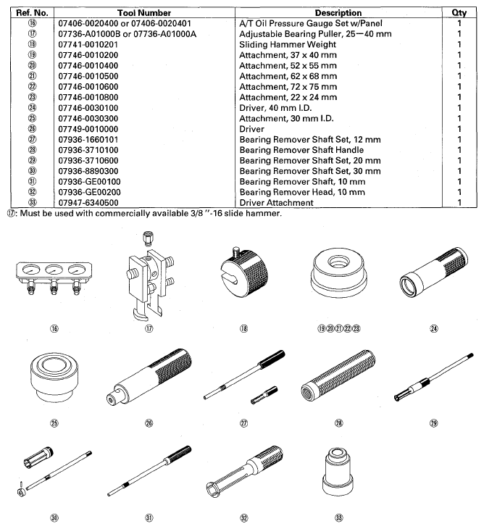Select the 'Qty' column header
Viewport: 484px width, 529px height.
point(459,12)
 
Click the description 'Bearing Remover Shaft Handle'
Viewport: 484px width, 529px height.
point(304,150)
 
